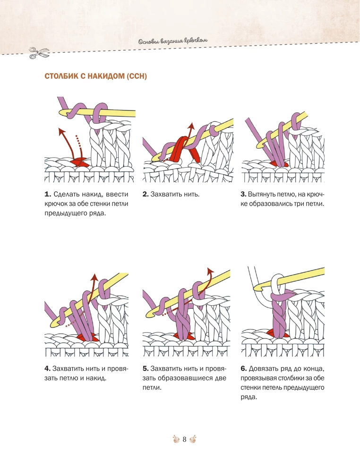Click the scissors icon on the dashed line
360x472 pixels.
click(x=39, y=53)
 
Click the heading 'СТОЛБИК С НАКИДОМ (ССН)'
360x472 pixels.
click(x=96, y=76)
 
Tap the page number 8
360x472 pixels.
click(x=184, y=439)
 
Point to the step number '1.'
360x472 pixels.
click(x=48, y=194)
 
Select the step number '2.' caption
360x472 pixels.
click(x=146, y=194)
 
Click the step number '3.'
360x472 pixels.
click(x=243, y=194)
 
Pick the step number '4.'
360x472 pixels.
click(x=48, y=369)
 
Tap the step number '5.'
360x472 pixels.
click(x=146, y=369)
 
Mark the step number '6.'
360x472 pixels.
click(x=244, y=369)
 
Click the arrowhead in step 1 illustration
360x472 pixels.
click(x=61, y=130)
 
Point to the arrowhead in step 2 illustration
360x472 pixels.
click(x=190, y=126)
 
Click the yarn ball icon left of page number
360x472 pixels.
click(x=176, y=439)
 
